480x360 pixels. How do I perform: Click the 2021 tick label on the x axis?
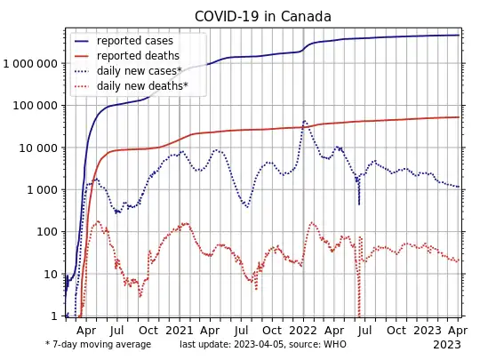(x=180, y=328)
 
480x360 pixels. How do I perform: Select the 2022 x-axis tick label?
(x=303, y=328)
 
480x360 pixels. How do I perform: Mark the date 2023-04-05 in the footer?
(x=272, y=344)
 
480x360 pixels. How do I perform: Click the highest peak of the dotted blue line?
(x=305, y=121)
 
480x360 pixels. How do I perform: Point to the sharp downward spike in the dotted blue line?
(x=359, y=204)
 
